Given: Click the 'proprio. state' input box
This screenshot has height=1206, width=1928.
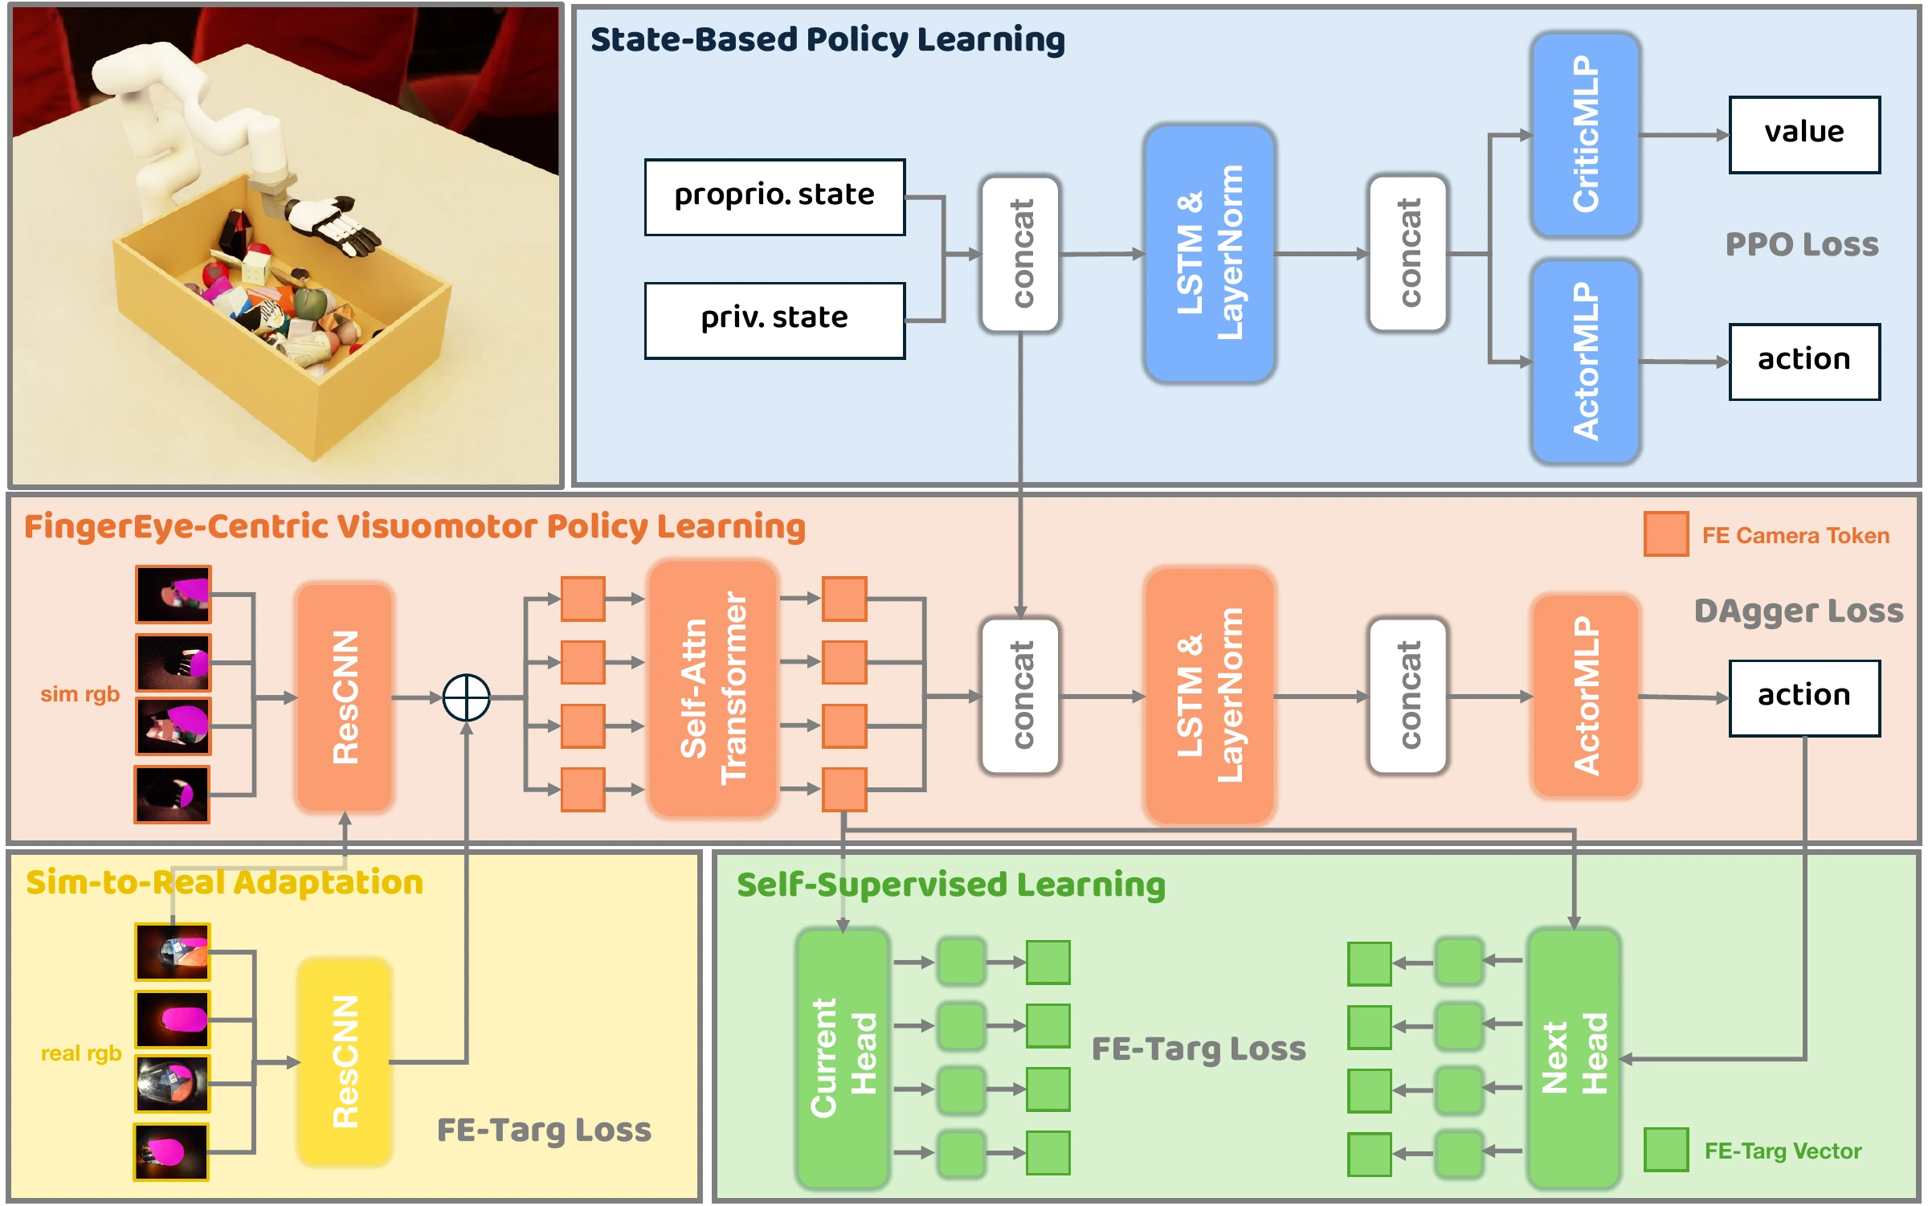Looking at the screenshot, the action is point(774,197).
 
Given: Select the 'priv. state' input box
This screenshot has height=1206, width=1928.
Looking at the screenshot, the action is point(774,320).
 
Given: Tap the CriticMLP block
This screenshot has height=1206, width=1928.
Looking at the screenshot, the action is point(1585,134).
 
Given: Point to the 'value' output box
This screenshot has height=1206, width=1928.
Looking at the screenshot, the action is point(1804,134).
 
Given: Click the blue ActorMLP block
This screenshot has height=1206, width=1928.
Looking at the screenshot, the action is point(1585,362).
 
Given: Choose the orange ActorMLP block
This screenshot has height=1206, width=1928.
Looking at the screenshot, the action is point(1585,696).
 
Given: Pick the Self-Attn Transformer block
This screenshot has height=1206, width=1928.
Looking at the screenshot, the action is point(713,689).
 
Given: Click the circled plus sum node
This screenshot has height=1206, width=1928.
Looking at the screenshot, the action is point(466,697).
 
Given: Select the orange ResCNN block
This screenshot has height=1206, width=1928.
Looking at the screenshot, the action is point(345,697).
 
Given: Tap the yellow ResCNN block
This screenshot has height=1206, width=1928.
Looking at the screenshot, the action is point(345,1061).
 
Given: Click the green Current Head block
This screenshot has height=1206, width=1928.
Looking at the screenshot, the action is point(843,1058).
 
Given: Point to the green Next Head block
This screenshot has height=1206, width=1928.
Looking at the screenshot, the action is point(1574,1058).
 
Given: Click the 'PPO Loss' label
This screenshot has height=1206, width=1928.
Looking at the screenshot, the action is point(1802,244).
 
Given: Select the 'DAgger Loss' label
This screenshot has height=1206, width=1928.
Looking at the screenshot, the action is point(1799,611).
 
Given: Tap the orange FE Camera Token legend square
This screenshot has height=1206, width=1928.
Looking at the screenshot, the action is point(1666,534).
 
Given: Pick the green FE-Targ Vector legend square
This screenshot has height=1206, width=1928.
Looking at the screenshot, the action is point(1666,1150).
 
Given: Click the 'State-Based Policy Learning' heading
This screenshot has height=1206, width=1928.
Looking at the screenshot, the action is point(827,39).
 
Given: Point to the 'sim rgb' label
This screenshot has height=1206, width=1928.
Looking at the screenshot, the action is point(80,693).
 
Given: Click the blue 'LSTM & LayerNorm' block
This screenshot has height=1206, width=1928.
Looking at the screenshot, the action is point(1210,253).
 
